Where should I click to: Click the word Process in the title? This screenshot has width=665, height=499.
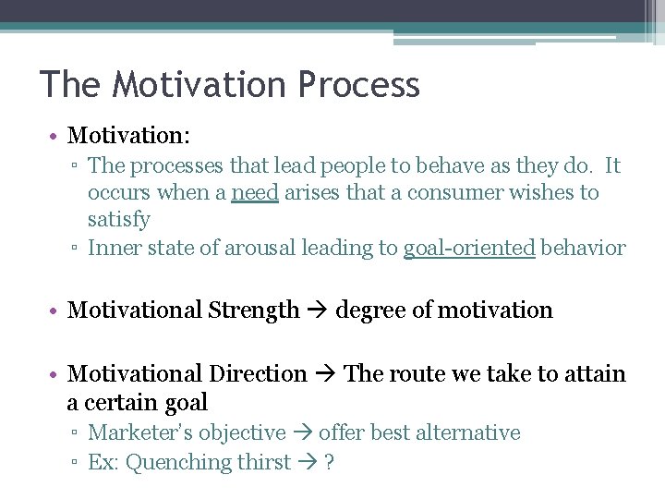click(x=358, y=85)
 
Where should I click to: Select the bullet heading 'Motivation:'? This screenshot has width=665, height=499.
click(x=128, y=136)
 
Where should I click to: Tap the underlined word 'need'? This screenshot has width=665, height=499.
click(x=254, y=193)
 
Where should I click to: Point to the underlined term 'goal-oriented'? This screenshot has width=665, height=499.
click(x=469, y=248)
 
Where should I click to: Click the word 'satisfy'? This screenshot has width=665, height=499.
click(x=119, y=220)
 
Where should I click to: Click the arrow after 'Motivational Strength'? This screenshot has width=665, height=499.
click(x=318, y=310)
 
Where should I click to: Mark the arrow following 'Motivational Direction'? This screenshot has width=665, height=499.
click(x=325, y=374)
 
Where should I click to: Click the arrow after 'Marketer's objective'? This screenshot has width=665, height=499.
click(x=302, y=432)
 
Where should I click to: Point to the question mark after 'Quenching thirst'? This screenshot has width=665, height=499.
click(x=329, y=462)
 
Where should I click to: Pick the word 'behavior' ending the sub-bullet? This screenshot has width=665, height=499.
click(x=583, y=248)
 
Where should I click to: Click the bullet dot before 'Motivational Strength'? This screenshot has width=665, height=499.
click(x=55, y=311)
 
